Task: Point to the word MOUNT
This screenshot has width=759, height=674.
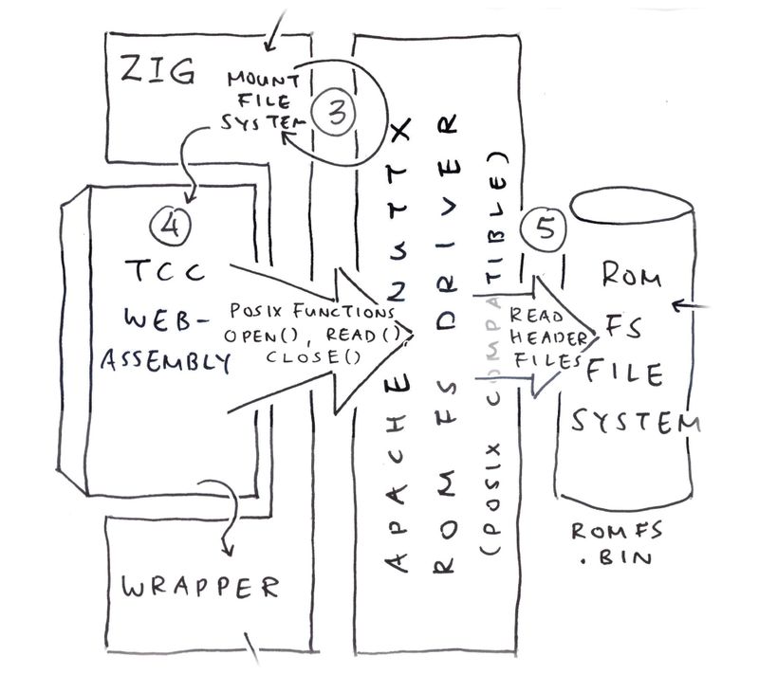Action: (260, 79)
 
